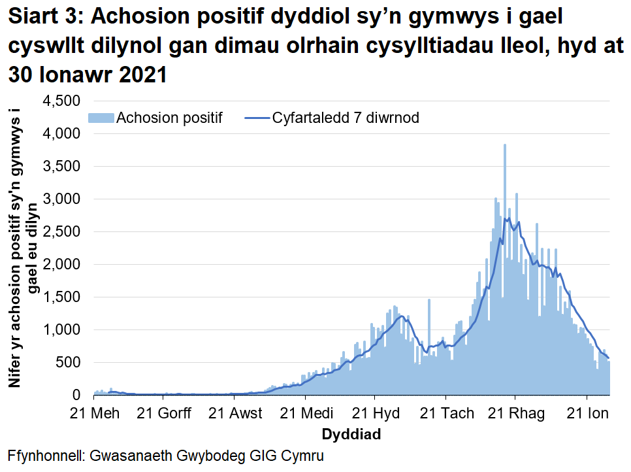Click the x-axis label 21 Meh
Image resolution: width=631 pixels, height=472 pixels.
tap(95, 414)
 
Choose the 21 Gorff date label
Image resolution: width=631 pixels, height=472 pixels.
tap(165, 414)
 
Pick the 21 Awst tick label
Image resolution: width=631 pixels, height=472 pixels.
tap(236, 414)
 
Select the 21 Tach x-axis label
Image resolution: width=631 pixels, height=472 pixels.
tap(445, 414)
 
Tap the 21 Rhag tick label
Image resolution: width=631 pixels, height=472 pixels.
tap(515, 414)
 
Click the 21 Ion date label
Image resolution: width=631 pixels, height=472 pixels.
tap(587, 414)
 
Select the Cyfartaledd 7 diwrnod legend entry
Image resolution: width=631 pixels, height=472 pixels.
tap(346, 118)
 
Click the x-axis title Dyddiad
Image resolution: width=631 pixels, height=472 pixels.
tap(351, 434)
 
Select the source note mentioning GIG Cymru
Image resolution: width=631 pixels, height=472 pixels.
tap(166, 456)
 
